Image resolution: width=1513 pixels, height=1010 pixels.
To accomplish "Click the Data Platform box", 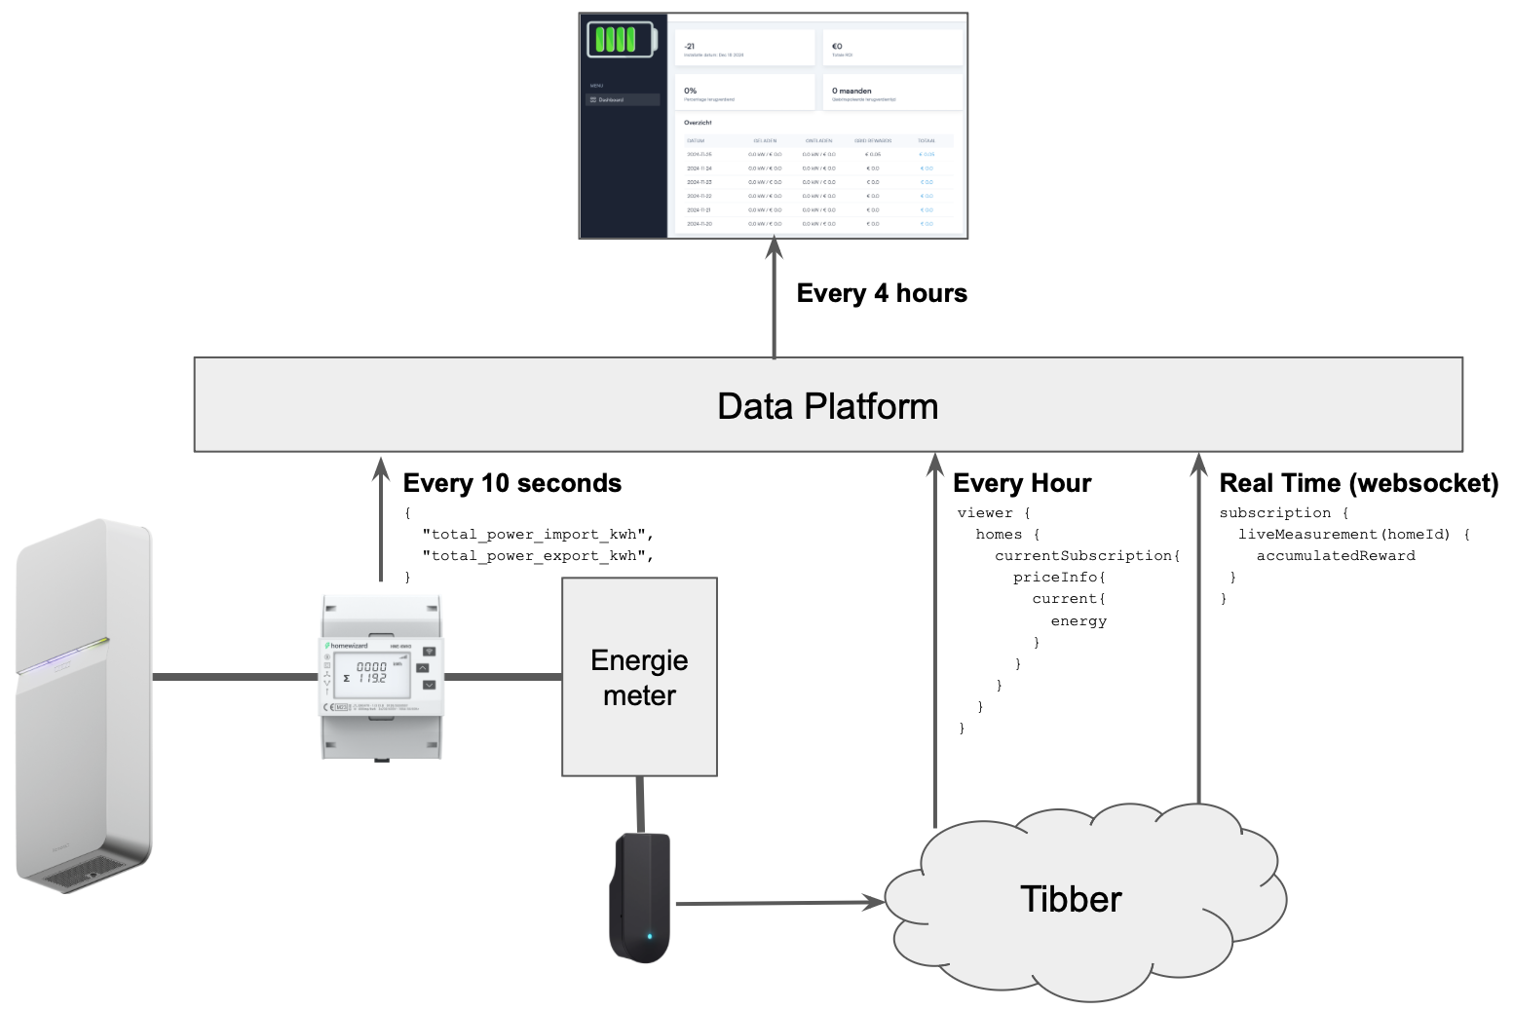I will point(828,405).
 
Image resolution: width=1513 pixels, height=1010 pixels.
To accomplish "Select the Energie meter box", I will point(639,677).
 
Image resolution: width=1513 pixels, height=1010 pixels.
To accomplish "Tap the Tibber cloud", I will point(1072,898).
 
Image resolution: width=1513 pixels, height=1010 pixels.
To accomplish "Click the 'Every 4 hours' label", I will point(882,293).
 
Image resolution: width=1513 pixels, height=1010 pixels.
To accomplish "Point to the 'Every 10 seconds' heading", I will point(512,483).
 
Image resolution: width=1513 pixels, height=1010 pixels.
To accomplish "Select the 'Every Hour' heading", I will point(1022,483).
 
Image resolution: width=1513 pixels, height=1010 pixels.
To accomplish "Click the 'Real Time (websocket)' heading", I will point(1358,483).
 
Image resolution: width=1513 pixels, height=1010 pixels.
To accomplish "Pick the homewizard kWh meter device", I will point(381,676).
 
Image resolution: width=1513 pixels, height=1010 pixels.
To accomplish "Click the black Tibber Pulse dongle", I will point(640,896).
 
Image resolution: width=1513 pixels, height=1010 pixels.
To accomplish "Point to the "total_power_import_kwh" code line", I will point(537,534).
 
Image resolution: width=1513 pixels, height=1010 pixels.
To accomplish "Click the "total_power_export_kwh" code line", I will point(537,555).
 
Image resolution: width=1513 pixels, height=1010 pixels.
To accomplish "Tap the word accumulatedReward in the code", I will point(1335,555).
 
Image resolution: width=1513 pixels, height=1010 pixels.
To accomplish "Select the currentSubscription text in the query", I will point(1086,555).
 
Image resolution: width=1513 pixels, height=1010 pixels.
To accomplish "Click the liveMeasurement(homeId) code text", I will point(1343,534).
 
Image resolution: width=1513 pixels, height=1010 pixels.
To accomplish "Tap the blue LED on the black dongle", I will point(650,937).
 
